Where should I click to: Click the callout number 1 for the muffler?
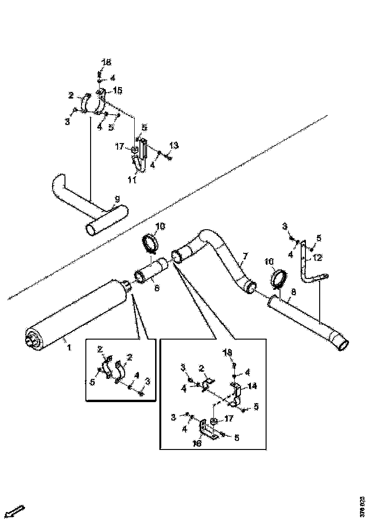[68, 347]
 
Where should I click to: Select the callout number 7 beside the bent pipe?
[245, 256]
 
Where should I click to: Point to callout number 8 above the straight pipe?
[294, 293]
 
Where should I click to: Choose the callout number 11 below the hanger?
[132, 180]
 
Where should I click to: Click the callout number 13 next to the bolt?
[174, 145]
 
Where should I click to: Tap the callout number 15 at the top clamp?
[117, 90]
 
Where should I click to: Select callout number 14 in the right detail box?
[252, 386]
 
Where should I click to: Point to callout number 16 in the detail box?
[197, 443]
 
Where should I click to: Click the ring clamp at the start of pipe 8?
[278, 279]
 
